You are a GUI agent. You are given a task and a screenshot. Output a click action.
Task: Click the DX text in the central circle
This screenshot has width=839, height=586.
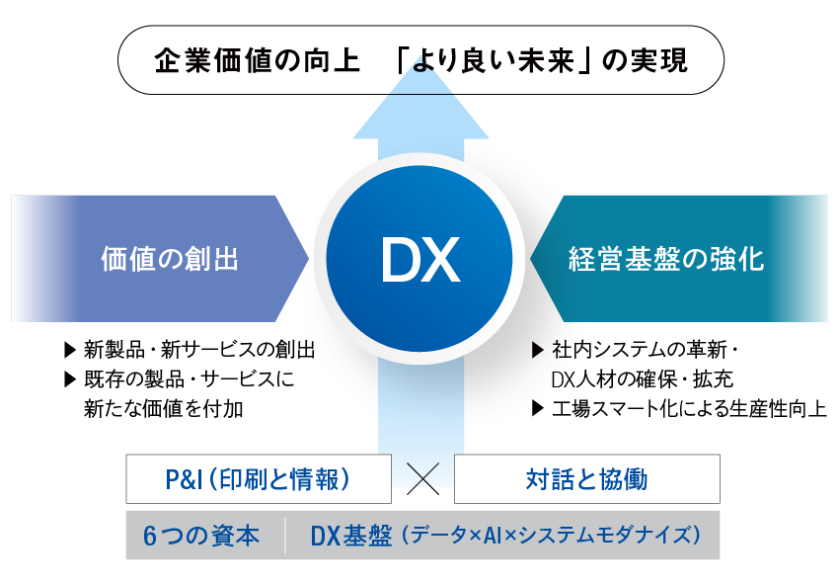[420, 260]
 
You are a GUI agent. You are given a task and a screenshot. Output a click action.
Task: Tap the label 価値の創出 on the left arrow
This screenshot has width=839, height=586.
[170, 260]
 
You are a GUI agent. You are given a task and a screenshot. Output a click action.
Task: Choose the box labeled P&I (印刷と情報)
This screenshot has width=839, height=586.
[258, 480]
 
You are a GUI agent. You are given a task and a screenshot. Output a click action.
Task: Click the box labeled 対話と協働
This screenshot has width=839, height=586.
[586, 480]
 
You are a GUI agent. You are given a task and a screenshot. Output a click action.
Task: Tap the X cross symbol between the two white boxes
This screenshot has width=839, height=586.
[422, 480]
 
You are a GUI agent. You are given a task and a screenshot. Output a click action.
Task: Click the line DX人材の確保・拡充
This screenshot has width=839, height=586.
[643, 378]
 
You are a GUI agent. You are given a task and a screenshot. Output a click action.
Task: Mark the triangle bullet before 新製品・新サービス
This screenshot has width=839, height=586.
[69, 350]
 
